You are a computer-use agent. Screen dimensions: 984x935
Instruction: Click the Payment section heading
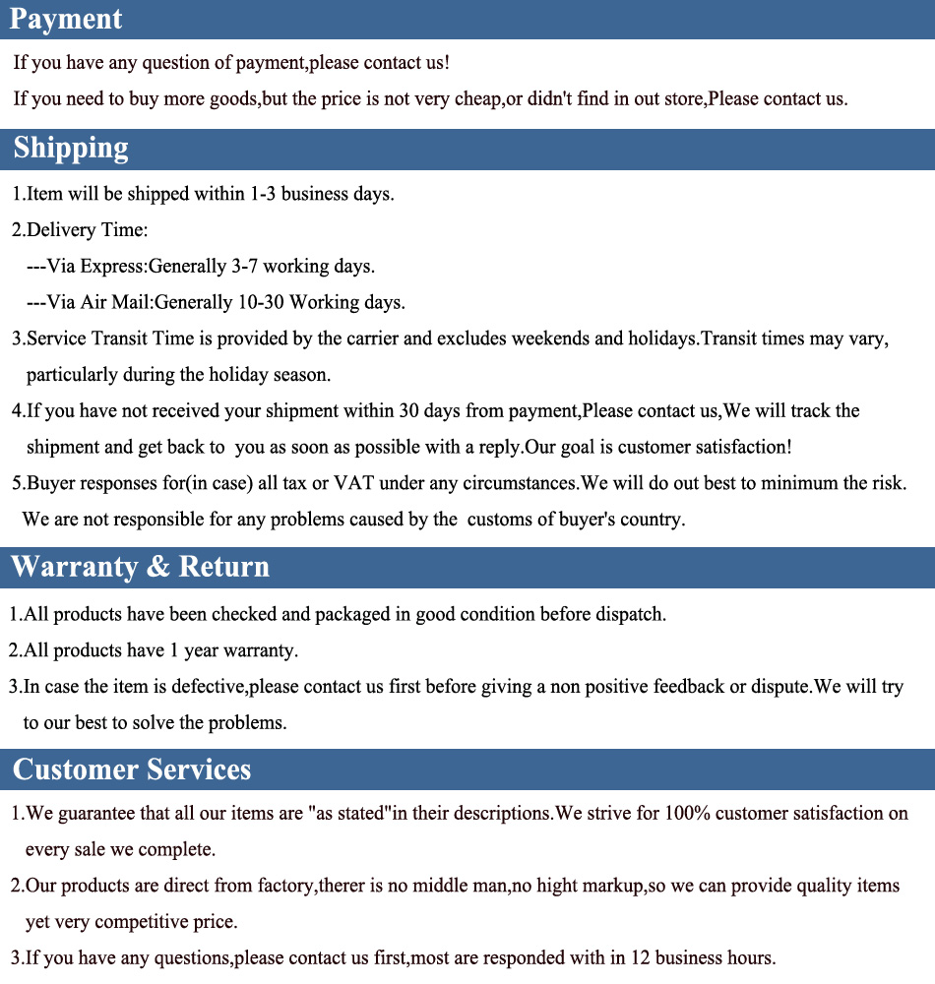[x=67, y=19]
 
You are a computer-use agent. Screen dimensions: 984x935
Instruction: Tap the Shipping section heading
[x=71, y=148]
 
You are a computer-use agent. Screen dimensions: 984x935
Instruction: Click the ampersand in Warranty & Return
[x=157, y=567]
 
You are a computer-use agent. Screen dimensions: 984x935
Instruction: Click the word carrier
[x=370, y=338]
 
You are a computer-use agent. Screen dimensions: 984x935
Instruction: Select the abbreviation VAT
[x=354, y=483]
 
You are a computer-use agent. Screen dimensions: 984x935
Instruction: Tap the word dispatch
[x=630, y=615]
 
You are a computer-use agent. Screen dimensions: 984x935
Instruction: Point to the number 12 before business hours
[x=639, y=957]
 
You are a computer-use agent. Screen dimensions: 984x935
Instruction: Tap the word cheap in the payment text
[x=477, y=99]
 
